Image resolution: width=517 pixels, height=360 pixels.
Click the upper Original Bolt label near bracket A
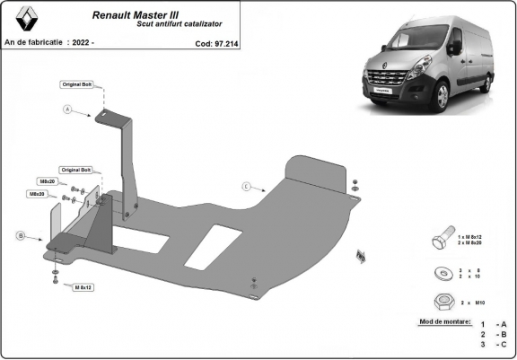(x=76, y=84)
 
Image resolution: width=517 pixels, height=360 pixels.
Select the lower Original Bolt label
(x=76, y=169)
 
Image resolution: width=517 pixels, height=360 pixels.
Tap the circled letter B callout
(x=19, y=236)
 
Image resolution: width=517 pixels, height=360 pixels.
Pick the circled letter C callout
(x=245, y=187)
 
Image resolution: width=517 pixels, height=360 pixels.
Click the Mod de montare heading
(x=445, y=320)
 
